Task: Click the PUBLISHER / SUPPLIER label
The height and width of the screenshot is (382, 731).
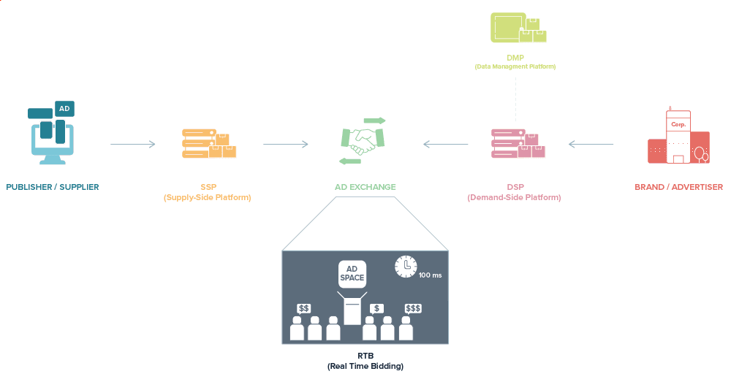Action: pyautogui.click(x=52, y=187)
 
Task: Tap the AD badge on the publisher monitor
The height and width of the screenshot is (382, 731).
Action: pyautogui.click(x=64, y=109)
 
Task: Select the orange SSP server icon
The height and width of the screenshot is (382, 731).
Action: pyautogui.click(x=208, y=143)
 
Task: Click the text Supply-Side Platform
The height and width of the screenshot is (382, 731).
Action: pyautogui.click(x=208, y=198)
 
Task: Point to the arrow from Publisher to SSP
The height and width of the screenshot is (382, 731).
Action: pyautogui.click(x=132, y=145)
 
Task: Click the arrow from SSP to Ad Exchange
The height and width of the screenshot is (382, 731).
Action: pyautogui.click(x=285, y=145)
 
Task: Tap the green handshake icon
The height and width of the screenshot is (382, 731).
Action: pyautogui.click(x=363, y=141)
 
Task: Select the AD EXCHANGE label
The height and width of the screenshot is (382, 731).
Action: pyautogui.click(x=365, y=187)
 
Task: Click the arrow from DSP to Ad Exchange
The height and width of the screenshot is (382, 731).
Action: pyautogui.click(x=446, y=145)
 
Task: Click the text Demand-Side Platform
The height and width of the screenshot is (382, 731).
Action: pyautogui.click(x=514, y=198)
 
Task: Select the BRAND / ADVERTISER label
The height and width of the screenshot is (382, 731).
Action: pyautogui.click(x=678, y=187)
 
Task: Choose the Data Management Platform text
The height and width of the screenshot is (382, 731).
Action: pyautogui.click(x=515, y=66)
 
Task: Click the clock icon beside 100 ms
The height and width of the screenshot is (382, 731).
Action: pyautogui.click(x=406, y=267)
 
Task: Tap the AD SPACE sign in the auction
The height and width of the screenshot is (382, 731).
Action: pyautogui.click(x=352, y=274)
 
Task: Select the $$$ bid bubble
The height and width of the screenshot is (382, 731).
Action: pyautogui.click(x=413, y=309)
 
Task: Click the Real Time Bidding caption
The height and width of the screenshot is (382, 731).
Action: pyautogui.click(x=365, y=365)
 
